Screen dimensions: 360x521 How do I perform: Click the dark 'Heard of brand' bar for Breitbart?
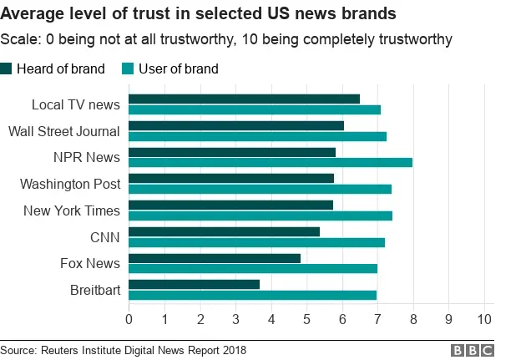194,284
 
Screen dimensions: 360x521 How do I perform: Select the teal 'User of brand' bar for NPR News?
271,162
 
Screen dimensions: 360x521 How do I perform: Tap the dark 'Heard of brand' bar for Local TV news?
244,99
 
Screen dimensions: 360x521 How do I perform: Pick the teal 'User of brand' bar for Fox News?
253,268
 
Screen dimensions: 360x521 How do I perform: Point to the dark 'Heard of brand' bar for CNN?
224,231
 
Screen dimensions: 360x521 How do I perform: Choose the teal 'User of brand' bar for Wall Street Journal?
257,135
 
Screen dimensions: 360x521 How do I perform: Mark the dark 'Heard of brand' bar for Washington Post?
231,178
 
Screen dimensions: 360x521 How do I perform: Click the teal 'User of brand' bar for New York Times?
260,215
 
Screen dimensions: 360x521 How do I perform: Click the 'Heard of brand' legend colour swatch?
8,69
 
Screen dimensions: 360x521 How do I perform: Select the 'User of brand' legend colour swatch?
128,69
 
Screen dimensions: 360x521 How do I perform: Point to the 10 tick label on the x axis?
484,319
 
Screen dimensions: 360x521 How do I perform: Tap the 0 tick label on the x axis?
129,319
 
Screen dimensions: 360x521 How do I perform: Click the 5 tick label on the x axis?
306,319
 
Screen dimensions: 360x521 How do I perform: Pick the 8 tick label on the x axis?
413,319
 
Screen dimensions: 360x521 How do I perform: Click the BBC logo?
472,350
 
